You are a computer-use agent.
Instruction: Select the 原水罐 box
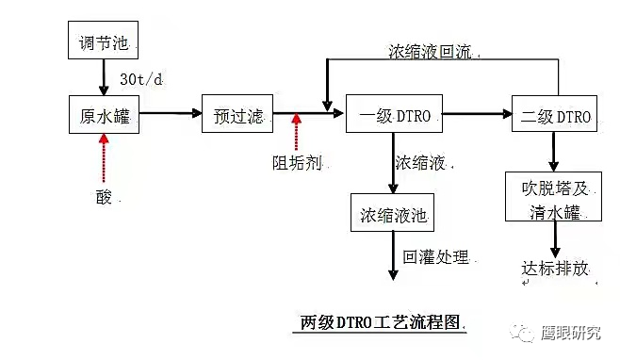(x=104, y=116)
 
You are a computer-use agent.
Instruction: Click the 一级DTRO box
(x=394, y=117)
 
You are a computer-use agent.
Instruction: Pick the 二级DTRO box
(x=555, y=117)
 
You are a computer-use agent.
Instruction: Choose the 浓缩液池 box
(x=392, y=215)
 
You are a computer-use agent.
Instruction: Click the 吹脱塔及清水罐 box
(x=553, y=198)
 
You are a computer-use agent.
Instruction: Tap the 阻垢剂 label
(x=296, y=162)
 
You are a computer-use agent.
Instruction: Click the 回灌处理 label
(x=436, y=255)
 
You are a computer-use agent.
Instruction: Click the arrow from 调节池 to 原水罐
(x=104, y=75)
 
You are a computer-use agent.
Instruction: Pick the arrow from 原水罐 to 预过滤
(x=171, y=115)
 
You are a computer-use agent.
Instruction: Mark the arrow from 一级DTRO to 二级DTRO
(x=477, y=115)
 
